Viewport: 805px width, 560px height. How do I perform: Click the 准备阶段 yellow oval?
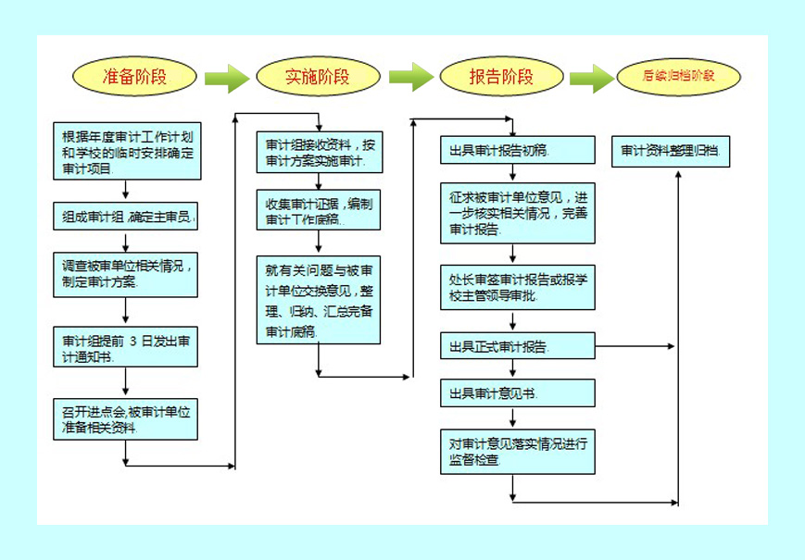coord(135,77)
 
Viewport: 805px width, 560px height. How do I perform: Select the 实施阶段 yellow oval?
coord(318,77)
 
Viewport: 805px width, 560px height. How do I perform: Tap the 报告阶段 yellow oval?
coord(501,77)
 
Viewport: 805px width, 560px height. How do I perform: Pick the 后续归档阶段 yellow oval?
coord(679,77)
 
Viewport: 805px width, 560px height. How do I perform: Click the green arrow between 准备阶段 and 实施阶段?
coord(225,78)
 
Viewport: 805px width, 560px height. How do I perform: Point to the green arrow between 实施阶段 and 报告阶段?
coord(410,77)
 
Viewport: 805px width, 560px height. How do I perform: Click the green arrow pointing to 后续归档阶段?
coord(592,78)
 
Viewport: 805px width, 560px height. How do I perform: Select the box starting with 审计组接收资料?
coord(318,153)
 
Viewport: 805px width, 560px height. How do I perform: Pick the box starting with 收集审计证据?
coord(318,211)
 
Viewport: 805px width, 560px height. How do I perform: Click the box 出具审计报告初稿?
coord(517,150)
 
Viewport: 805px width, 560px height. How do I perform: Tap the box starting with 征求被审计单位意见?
coord(517,213)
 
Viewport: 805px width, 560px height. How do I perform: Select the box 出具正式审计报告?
coord(517,347)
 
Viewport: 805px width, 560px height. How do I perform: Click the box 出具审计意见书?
coord(517,393)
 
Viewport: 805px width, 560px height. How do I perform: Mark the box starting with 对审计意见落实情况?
coord(517,451)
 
